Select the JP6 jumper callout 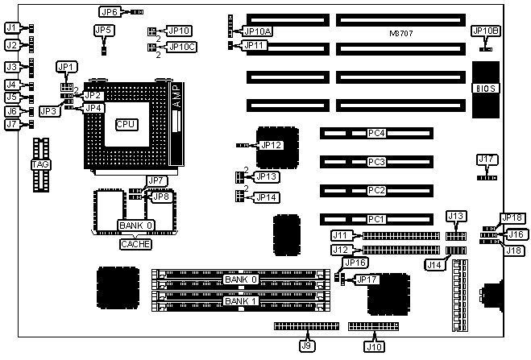tap(110, 12)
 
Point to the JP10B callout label tap(486, 31)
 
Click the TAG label tap(39, 164)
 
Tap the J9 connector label tap(305, 346)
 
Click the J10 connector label tap(374, 346)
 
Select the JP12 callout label tap(271, 145)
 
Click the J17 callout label tap(485, 159)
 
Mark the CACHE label tap(135, 243)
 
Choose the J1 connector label tap(11, 27)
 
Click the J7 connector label tap(11, 124)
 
